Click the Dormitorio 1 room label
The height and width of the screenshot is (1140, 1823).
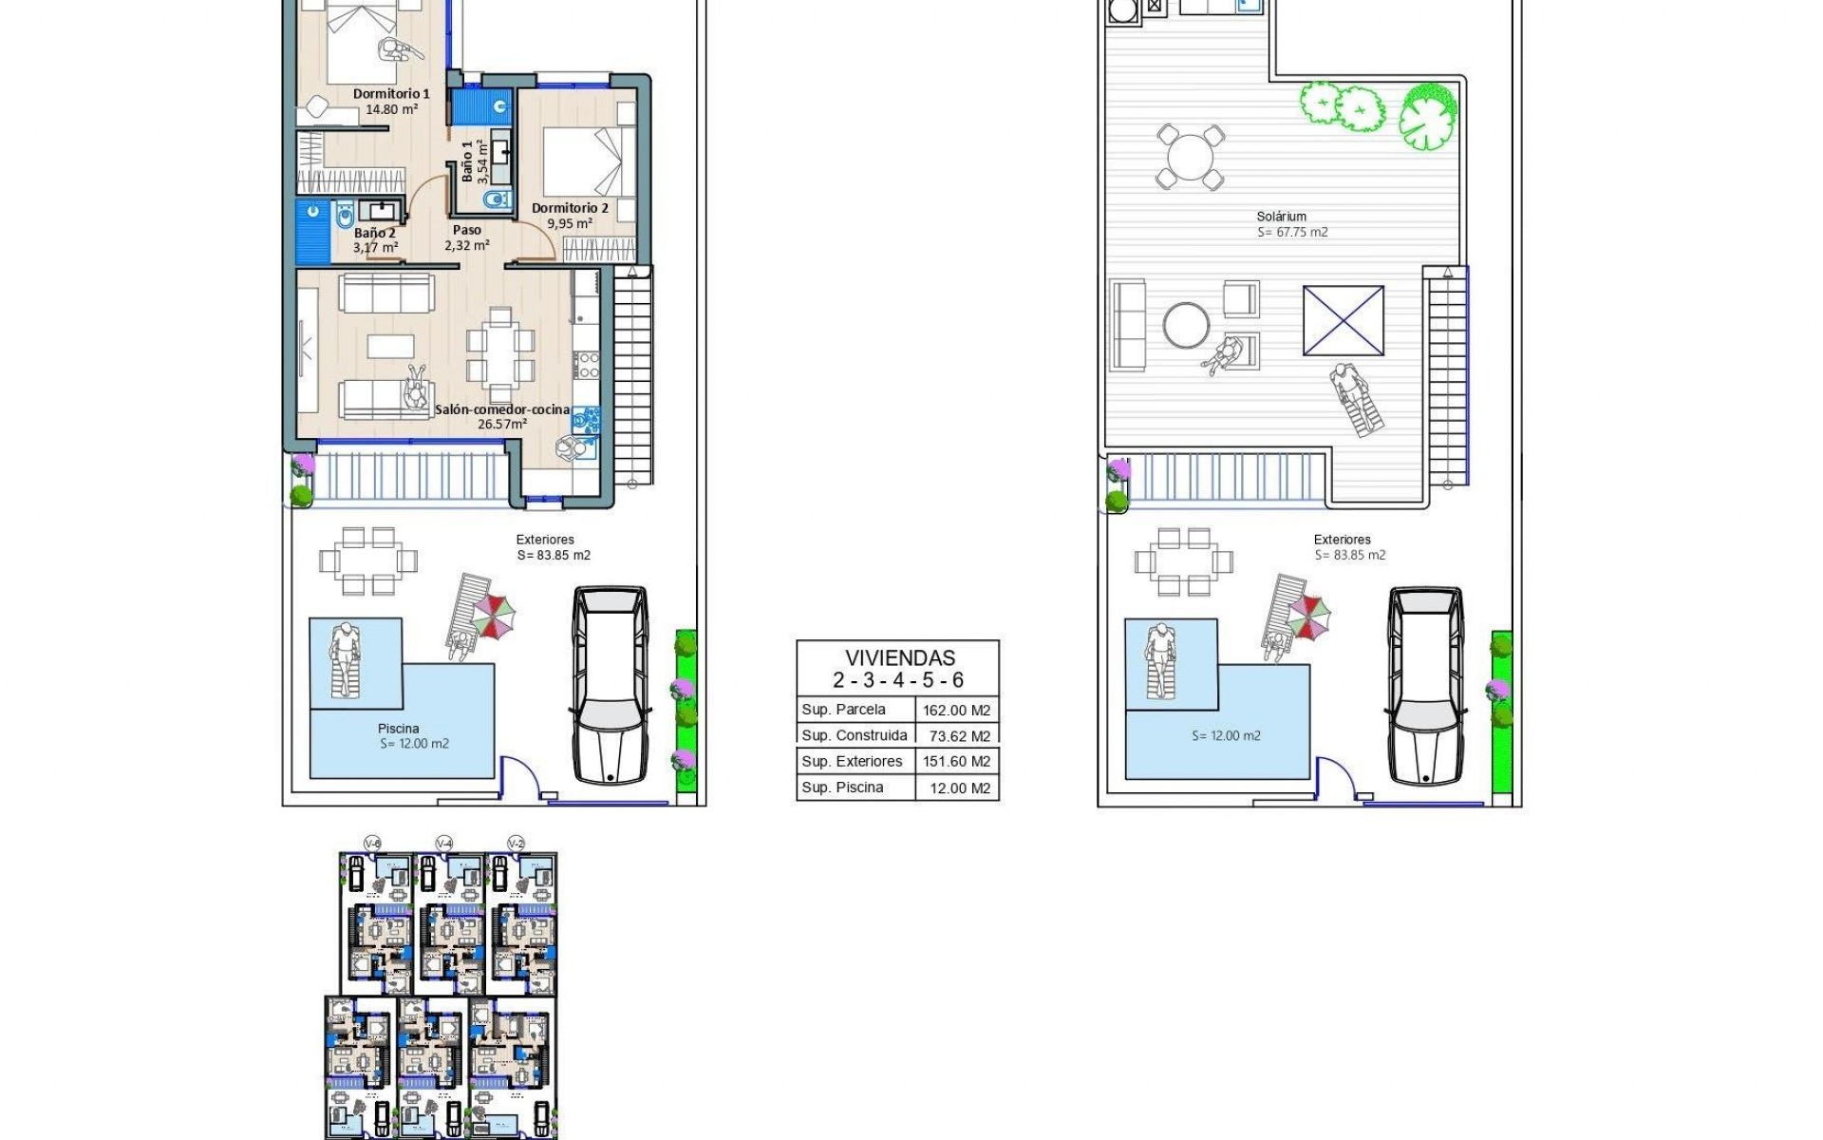tap(391, 94)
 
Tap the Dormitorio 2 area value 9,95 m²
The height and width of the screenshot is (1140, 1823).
tap(570, 224)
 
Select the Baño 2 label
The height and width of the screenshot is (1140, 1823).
tap(375, 233)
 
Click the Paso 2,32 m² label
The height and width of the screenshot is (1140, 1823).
tap(466, 237)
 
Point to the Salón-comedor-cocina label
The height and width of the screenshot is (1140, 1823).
tap(502, 410)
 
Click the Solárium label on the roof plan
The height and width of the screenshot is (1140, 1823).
tap(1281, 217)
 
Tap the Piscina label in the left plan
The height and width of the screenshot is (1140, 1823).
tap(398, 729)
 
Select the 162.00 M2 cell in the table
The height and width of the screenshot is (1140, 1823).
tap(956, 710)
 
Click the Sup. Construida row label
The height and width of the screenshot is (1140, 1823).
tap(854, 735)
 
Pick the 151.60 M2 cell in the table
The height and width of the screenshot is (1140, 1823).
tap(956, 761)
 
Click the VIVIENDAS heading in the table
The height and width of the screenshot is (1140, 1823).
tap(899, 657)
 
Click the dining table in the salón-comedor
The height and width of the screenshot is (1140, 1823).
tap(500, 352)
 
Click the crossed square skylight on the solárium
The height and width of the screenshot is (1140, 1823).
tap(1344, 321)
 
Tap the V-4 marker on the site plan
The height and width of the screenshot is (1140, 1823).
tap(443, 844)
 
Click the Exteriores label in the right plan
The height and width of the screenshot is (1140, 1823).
tap(1342, 540)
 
